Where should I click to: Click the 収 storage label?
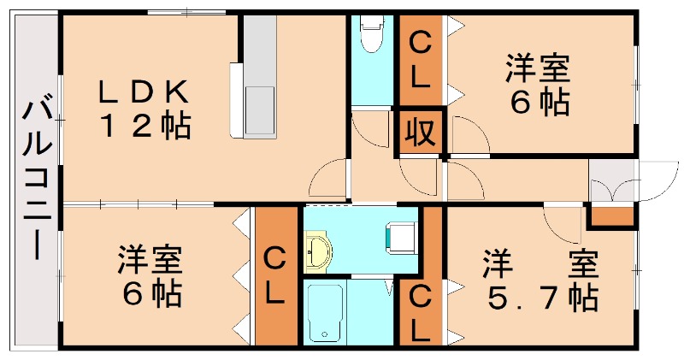click(419, 133)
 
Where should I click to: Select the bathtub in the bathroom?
click(325, 311)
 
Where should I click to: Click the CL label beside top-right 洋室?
click(419, 60)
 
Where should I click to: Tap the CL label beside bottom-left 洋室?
click(274, 276)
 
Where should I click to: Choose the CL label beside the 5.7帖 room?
click(420, 313)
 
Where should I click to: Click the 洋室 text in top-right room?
click(540, 66)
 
